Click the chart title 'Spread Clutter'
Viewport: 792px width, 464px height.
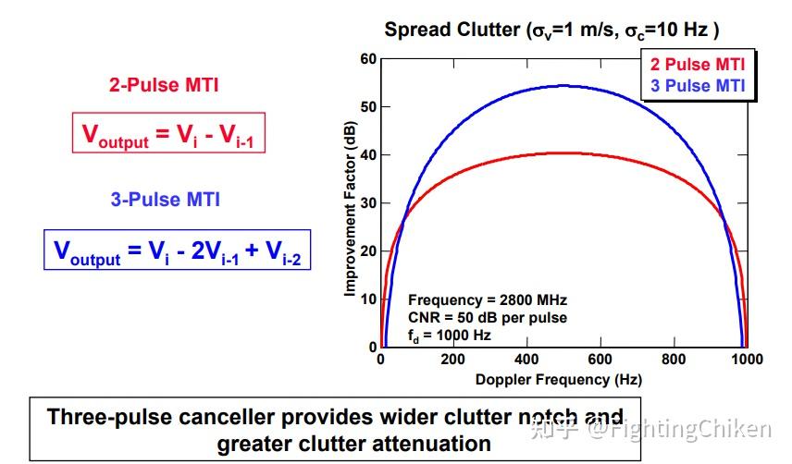pos(452,30)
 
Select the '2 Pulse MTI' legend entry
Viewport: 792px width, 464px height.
pos(698,65)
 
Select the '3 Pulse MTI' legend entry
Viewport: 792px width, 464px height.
pos(698,86)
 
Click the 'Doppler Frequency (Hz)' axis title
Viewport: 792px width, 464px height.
pos(558,380)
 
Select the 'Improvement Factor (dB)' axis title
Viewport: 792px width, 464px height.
pos(351,210)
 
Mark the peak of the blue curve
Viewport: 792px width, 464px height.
pos(563,86)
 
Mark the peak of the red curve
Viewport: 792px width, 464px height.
pos(563,153)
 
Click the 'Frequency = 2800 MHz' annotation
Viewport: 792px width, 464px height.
pos(487,300)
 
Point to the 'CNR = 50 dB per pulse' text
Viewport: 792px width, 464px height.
pos(487,317)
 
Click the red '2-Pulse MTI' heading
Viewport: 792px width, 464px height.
pos(164,86)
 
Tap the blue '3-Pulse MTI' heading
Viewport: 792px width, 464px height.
pos(166,199)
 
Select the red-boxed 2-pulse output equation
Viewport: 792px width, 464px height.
pos(168,134)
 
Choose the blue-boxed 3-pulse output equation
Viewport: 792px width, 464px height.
pos(177,250)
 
